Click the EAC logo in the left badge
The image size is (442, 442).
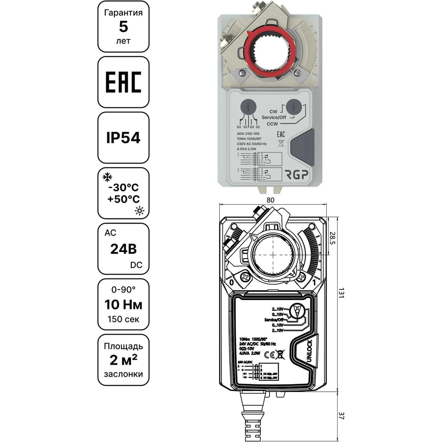point(123,82)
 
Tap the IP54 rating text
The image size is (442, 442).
point(123,137)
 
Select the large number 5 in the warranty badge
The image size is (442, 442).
point(123,27)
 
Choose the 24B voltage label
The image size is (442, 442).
point(123,248)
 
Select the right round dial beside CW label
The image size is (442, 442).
point(294,107)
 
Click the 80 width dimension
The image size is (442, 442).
point(271,200)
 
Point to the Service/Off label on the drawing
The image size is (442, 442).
point(274,319)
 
